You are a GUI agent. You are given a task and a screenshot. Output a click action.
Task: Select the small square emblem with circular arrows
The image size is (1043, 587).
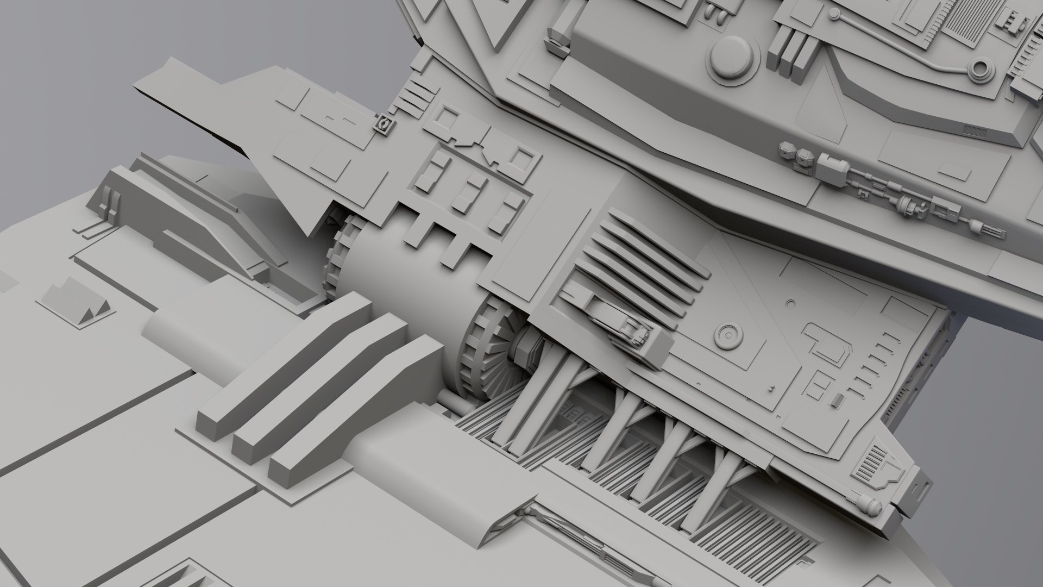pos(384,124)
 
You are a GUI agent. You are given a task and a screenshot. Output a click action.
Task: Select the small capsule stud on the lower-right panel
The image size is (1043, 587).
pos(837,399)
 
